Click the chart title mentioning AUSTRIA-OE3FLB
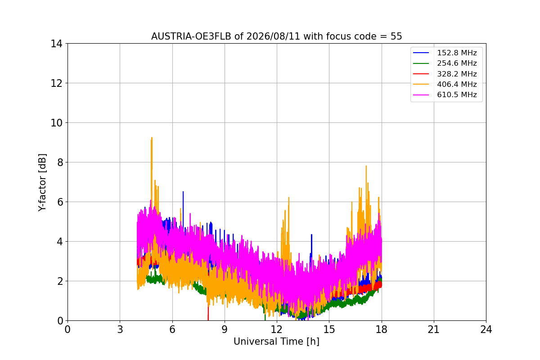tap(276, 36)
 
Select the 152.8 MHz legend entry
tap(445, 53)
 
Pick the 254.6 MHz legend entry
tap(445, 63)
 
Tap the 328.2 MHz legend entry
tap(445, 74)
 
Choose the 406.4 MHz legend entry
tap(445, 84)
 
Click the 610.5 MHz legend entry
tap(445, 95)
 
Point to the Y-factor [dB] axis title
tap(42, 183)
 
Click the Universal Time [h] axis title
tap(276, 342)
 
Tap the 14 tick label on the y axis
tap(56, 44)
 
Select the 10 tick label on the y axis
tap(56, 123)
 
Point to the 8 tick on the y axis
tap(60, 162)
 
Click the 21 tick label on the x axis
tap(434, 329)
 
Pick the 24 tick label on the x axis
tap(486, 329)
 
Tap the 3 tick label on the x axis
tap(120, 329)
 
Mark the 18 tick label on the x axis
tap(382, 329)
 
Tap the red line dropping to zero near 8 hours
tap(208, 312)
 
